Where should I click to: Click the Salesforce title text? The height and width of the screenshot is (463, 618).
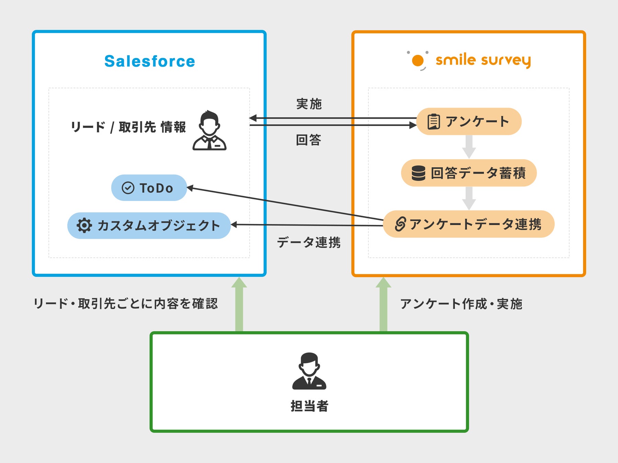[150, 61]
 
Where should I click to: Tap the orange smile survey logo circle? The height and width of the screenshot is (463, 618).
[418, 61]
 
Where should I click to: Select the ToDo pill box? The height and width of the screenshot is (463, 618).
[149, 188]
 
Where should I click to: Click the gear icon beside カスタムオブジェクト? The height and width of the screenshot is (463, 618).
[84, 225]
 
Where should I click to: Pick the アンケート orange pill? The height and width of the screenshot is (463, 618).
[469, 121]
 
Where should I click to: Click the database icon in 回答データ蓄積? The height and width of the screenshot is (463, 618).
[418, 173]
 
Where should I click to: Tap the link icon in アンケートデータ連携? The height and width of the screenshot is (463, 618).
[400, 224]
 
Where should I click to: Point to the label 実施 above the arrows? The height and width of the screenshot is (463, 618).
[309, 104]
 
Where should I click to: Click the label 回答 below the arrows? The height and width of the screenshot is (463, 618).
[308, 140]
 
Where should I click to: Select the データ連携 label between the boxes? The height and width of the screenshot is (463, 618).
[309, 242]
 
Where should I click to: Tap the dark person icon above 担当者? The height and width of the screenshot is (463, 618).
[309, 371]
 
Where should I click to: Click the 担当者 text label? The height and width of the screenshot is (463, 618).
[309, 406]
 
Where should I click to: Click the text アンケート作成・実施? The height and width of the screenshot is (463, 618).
[461, 304]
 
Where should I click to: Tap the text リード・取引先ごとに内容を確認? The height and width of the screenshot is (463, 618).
[126, 304]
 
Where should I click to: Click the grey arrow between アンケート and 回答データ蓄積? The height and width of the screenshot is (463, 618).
[469, 146]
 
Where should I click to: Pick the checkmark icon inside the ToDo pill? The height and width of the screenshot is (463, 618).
[128, 188]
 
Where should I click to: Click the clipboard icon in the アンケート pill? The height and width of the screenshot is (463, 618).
[434, 121]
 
